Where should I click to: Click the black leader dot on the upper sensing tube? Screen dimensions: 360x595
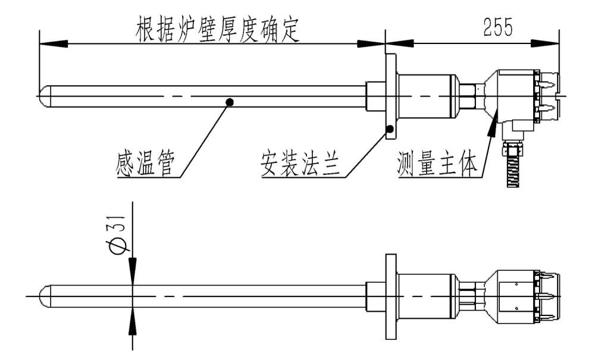click(230, 102)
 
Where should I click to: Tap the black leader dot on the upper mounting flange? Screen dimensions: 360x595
click(389, 128)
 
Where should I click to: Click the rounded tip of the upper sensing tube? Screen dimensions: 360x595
click(43, 97)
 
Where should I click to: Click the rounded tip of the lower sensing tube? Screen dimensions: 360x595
click(43, 296)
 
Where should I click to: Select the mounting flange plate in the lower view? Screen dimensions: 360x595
click(390, 296)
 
